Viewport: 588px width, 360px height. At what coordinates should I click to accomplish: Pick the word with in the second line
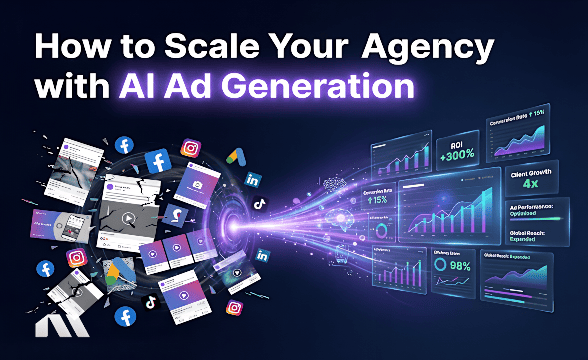(x=70, y=86)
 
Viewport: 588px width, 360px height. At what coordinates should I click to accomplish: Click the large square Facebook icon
(x=157, y=160)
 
